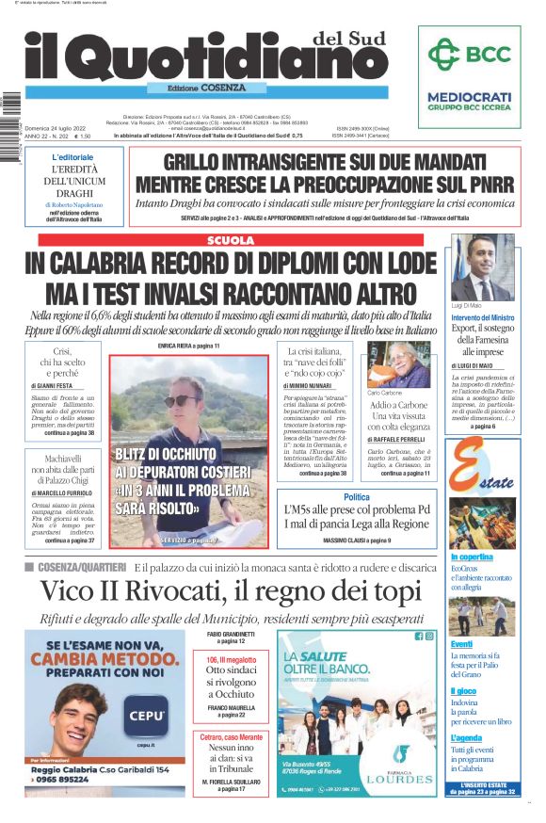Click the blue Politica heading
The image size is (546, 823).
point(357,496)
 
